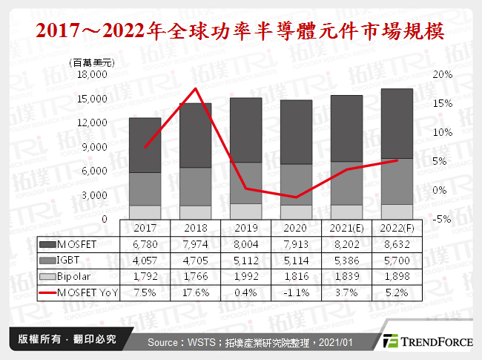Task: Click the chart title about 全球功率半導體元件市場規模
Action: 241,31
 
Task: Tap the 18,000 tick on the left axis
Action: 93,75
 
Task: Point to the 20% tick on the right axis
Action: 443,75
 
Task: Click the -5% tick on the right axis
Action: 443,219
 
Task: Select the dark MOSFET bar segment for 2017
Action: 145,145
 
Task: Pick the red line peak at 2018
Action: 195,89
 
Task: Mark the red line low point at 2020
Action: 297,197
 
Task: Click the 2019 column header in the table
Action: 246,229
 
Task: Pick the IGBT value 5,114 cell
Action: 297,261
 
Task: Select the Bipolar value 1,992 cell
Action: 246,276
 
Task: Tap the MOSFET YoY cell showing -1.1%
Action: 297,292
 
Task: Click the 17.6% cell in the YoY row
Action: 195,292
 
